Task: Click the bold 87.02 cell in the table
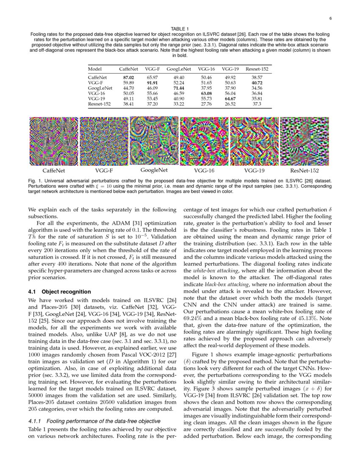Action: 128,78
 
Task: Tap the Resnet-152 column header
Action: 257,69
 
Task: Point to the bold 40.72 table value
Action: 257,83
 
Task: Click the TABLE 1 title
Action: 180,29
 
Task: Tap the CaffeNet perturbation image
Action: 54,141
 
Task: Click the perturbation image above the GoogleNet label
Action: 154,141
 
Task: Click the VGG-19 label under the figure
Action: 254,171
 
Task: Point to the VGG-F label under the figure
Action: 104,171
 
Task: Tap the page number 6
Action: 330,19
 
